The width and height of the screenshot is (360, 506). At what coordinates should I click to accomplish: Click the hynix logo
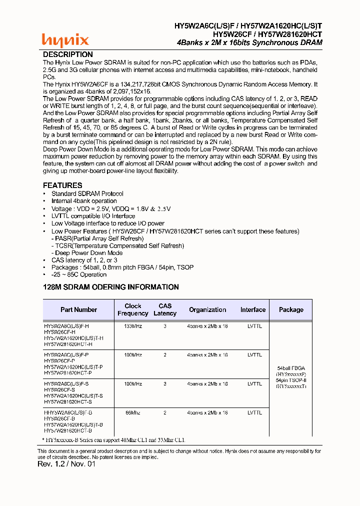click(65, 39)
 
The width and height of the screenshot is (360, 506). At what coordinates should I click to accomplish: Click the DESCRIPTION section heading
click(67, 54)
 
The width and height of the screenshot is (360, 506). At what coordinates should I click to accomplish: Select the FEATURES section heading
click(62, 185)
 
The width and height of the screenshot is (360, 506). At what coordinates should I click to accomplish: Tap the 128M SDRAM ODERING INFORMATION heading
click(110, 287)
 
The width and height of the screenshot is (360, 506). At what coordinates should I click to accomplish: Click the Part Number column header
click(78, 309)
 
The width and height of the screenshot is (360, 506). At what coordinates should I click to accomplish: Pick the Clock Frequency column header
click(132, 309)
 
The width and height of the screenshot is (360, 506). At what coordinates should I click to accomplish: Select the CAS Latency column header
click(165, 309)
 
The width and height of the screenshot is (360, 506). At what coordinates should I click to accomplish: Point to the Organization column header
click(207, 309)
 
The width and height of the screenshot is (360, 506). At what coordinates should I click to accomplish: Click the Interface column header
click(252, 309)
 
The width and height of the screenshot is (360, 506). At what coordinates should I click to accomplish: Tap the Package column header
click(291, 309)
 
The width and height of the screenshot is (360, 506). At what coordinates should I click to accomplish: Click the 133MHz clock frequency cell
click(132, 326)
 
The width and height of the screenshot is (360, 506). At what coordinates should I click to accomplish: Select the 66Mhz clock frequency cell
click(132, 413)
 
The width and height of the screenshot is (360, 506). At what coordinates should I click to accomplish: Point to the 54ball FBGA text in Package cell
click(290, 367)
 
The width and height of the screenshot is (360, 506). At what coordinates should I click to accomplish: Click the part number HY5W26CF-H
click(59, 332)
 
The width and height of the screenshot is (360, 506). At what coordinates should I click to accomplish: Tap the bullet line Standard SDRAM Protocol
click(87, 193)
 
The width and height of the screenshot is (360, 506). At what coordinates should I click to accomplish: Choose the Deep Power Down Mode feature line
click(88, 253)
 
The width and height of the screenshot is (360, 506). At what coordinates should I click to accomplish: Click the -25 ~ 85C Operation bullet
click(78, 274)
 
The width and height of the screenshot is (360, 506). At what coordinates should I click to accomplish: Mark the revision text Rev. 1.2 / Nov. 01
click(66, 464)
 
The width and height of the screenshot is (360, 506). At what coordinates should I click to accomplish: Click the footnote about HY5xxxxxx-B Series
click(115, 440)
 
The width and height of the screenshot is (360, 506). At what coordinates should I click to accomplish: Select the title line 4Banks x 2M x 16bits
click(249, 42)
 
